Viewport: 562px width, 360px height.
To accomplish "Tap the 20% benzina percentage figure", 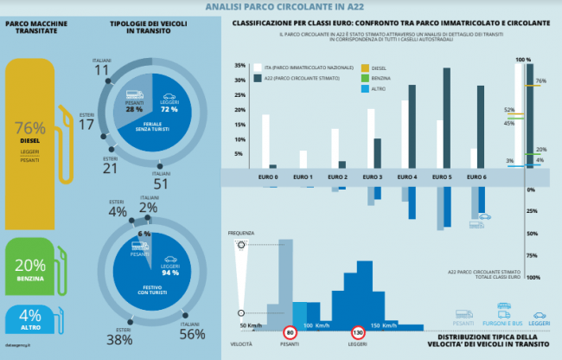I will click(x=30, y=266).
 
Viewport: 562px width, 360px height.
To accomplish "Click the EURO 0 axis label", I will click(x=269, y=177).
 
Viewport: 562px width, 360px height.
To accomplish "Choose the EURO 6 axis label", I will click(x=478, y=177).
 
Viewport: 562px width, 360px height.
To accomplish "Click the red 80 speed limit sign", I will click(x=291, y=332).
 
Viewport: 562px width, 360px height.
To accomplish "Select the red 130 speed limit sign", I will click(x=356, y=332).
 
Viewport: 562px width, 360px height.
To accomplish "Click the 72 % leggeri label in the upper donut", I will click(x=169, y=110).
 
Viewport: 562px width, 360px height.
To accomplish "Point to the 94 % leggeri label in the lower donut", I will click(x=169, y=272).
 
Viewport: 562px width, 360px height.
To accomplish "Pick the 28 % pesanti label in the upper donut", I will click(x=134, y=110).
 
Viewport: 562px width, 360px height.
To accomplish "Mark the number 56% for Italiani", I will click(x=191, y=334).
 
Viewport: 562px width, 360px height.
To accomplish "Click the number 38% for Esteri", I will click(x=118, y=340).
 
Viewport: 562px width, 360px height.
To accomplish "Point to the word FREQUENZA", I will click(x=243, y=233).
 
